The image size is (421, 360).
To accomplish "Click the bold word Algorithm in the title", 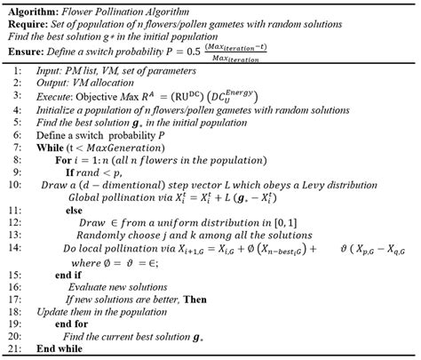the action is (35, 8).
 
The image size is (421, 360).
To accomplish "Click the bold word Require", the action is (31, 23).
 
